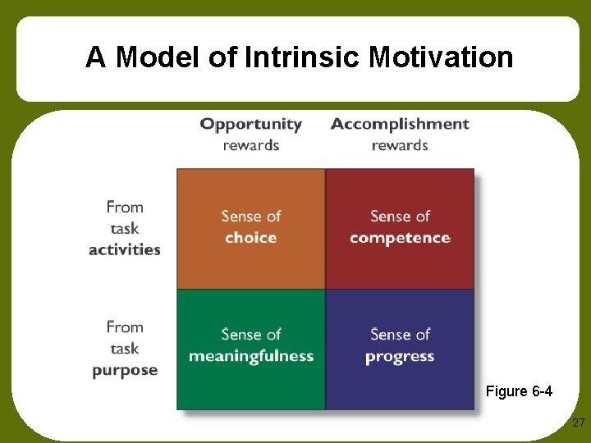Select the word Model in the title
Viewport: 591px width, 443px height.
(x=155, y=57)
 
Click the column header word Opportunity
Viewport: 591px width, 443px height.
(x=251, y=124)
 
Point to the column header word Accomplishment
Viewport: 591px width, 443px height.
(x=400, y=124)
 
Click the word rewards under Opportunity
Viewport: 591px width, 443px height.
(x=251, y=145)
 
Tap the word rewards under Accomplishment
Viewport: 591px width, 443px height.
(x=400, y=145)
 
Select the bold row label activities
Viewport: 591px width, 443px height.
(x=125, y=249)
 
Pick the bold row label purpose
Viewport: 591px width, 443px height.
(x=125, y=370)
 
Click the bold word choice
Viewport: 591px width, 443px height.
(x=251, y=238)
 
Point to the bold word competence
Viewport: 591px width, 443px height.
(x=400, y=238)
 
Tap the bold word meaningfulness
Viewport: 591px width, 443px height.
(x=251, y=356)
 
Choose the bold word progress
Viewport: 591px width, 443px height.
(x=400, y=356)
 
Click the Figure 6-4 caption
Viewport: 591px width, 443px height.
(x=519, y=391)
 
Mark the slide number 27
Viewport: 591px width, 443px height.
(x=578, y=423)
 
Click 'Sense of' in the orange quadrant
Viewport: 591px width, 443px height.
(x=251, y=216)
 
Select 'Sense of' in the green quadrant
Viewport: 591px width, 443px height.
(x=251, y=334)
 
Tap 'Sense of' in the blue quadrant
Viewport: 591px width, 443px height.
(x=400, y=334)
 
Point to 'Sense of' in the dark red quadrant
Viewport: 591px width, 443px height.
(x=400, y=216)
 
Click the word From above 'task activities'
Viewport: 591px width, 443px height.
(x=125, y=208)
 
